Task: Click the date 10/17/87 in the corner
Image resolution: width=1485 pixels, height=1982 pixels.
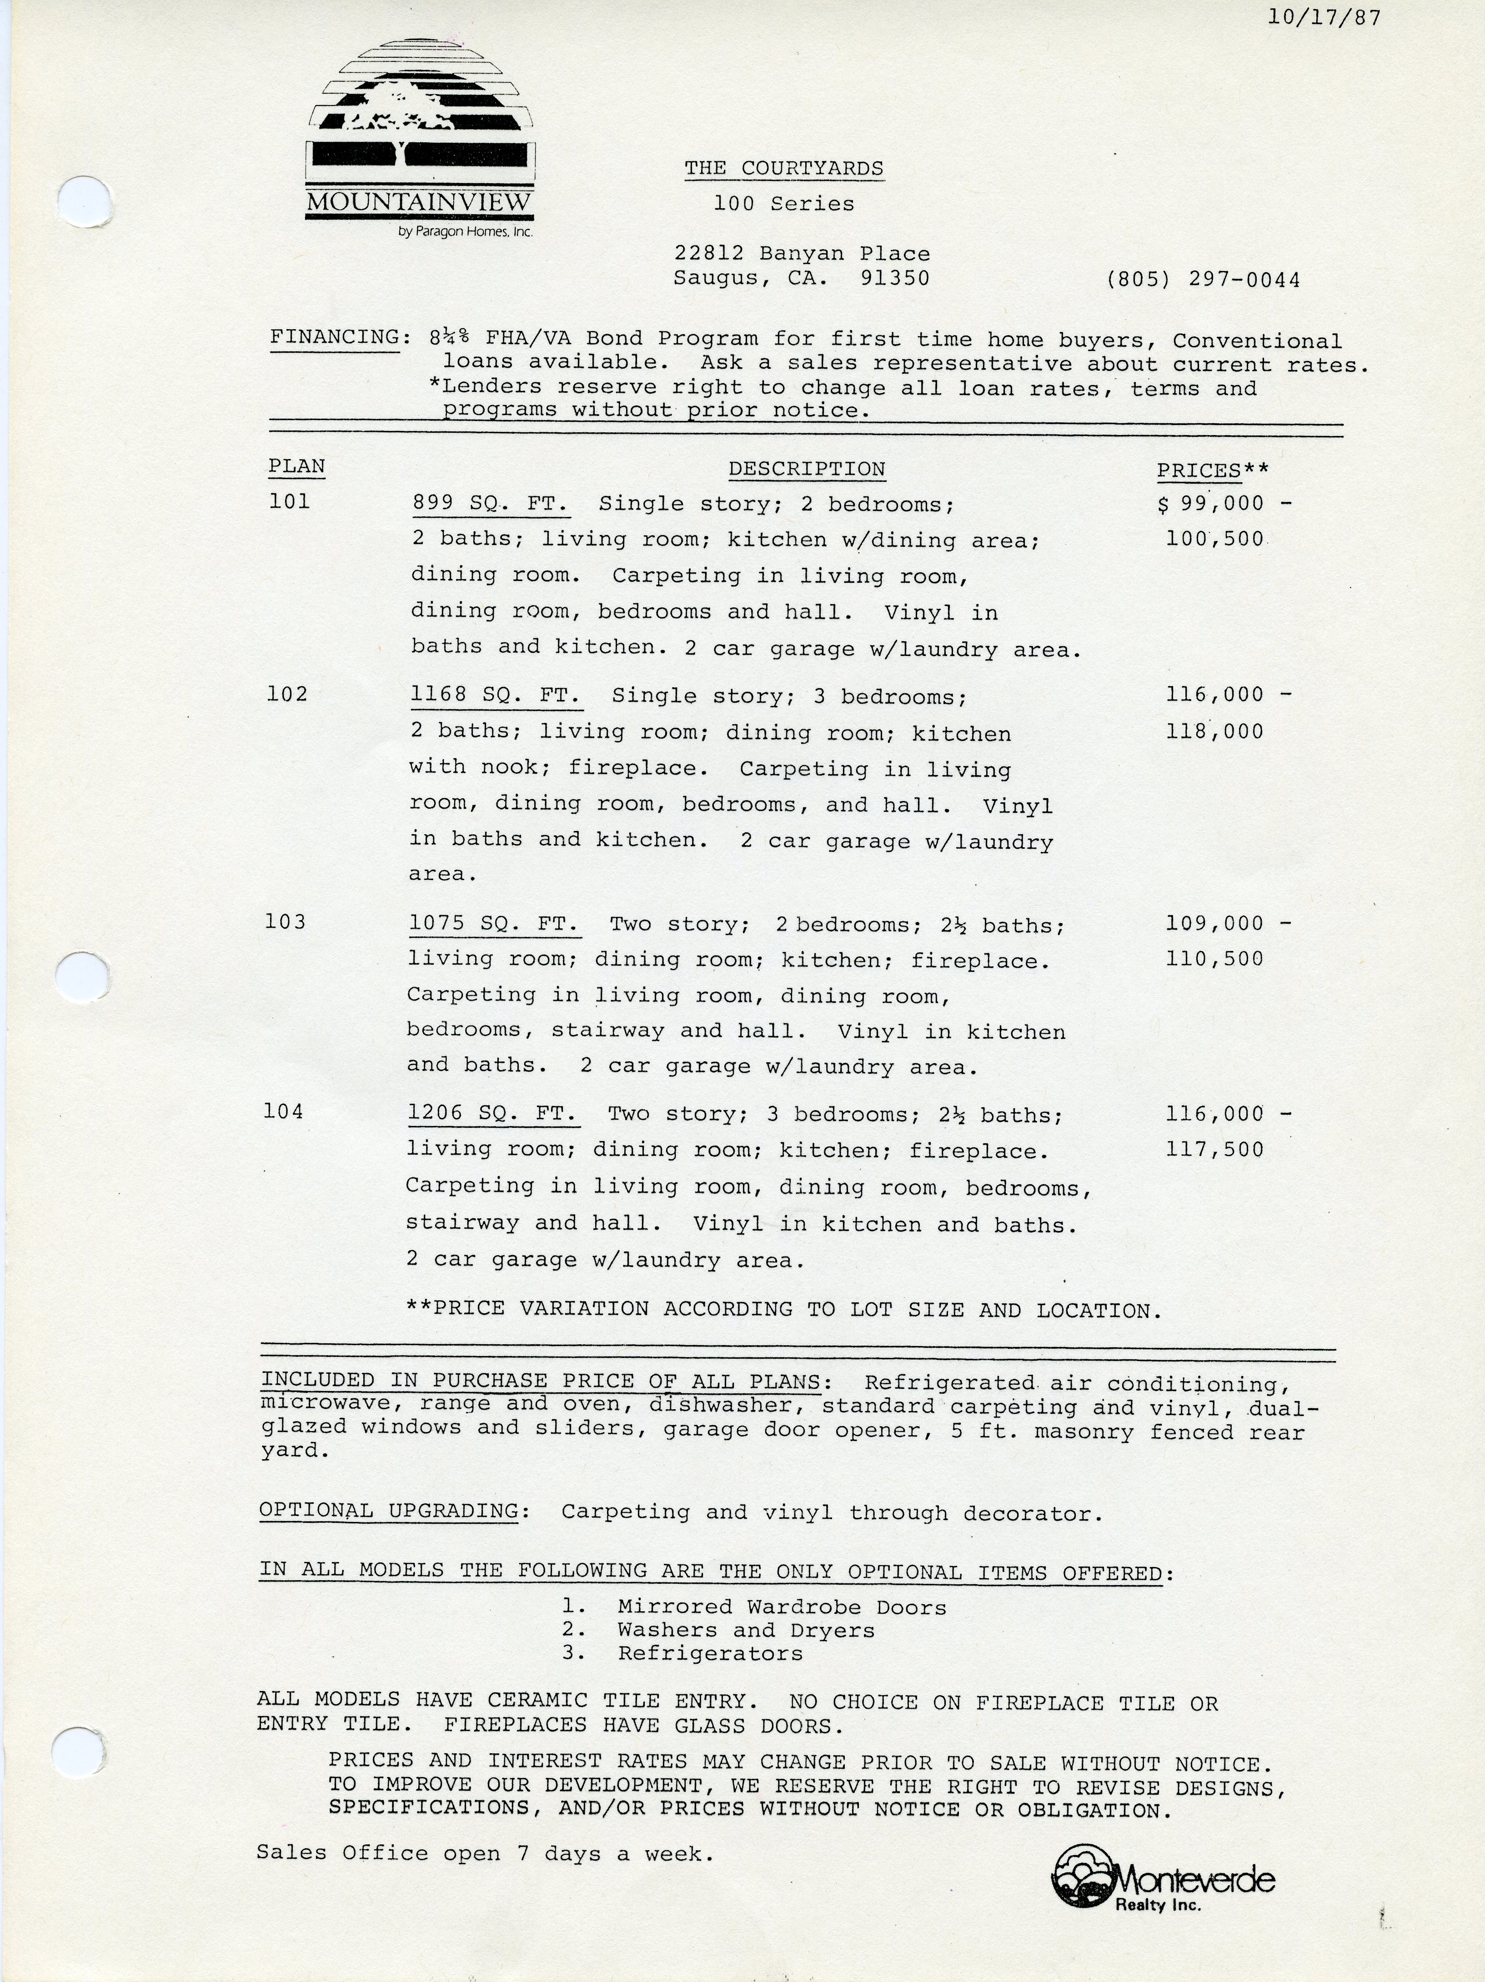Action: coord(1324,18)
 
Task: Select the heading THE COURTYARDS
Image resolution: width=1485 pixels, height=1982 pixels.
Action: coord(784,169)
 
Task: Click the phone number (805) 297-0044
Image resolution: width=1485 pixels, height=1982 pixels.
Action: coord(1203,280)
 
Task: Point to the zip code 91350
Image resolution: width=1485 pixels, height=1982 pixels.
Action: coord(894,278)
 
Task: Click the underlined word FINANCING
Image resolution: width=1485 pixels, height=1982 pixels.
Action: coord(335,338)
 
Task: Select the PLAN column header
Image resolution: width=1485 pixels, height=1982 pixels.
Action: coord(296,467)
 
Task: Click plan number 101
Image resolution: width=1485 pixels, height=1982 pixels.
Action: coord(290,502)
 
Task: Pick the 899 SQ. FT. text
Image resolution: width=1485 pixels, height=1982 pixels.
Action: coord(490,505)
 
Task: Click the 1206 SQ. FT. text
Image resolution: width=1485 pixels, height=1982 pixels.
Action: coord(492,1114)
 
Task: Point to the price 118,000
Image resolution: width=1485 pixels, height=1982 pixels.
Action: coord(1214,731)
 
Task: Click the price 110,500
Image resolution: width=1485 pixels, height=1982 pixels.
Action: coord(1214,959)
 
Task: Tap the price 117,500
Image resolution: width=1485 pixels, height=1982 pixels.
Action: coord(1214,1150)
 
